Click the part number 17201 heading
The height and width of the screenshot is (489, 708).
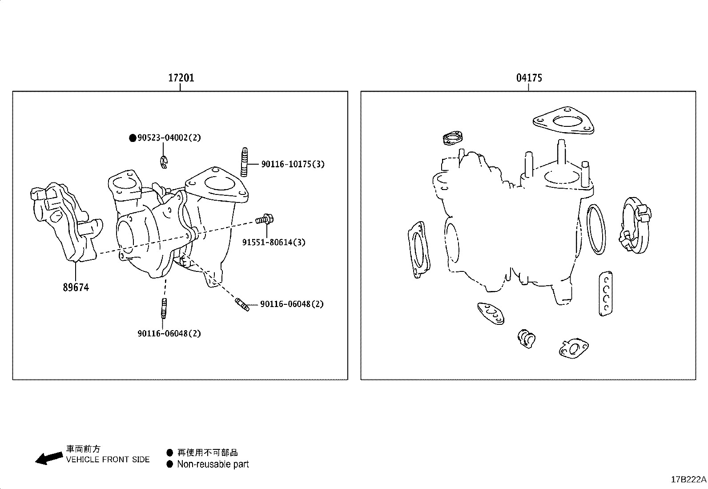pos(181,78)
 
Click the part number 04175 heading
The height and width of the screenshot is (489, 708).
pos(529,78)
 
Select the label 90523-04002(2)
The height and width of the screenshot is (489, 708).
pos(169,138)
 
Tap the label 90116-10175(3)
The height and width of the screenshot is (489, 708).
pos(293,164)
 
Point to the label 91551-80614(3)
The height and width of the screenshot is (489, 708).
pos(274,242)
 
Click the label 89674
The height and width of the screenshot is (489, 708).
pos(76,287)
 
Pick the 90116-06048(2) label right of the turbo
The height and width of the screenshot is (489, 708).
pos(292,304)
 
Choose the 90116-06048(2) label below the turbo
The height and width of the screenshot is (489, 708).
pos(169,333)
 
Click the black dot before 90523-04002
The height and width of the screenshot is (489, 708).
pos(132,138)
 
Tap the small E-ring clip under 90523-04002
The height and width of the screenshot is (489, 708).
pos(165,162)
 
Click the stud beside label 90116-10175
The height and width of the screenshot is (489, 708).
pos(244,162)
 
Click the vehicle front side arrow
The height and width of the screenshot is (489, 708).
pos(48,458)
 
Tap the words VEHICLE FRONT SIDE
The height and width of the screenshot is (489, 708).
pos(108,460)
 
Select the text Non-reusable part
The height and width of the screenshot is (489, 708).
pos(213,465)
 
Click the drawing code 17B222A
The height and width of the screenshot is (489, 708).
pos(688,479)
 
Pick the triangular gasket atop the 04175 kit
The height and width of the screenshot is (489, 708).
pos(564,121)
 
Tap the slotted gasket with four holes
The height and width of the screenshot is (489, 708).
pos(605,293)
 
